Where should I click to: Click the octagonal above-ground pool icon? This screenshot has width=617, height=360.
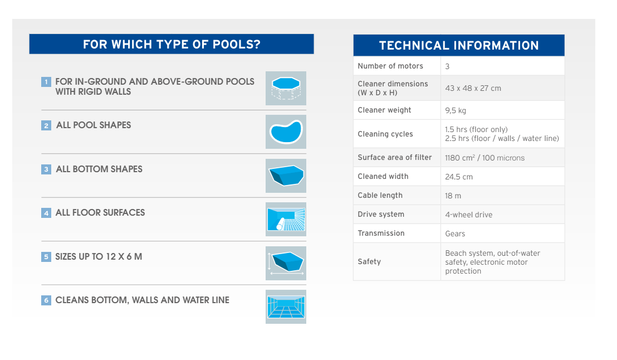coord(286,88)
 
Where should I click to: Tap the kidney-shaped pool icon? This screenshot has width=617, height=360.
coord(286,132)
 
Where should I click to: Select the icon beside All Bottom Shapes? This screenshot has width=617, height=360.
coord(286,176)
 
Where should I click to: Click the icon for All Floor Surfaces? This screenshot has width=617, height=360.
coord(286,220)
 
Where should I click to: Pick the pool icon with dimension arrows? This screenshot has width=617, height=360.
coord(286,263)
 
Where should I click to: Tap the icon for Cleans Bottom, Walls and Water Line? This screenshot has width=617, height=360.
coord(286,307)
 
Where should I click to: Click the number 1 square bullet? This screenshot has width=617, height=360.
coord(46,82)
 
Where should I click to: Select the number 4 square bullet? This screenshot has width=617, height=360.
coord(46,213)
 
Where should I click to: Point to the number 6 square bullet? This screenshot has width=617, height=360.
coord(46,300)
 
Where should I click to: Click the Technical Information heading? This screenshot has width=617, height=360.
coord(459,45)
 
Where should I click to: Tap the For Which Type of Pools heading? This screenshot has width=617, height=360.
coord(172,44)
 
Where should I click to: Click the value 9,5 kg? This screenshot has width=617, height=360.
coord(456,111)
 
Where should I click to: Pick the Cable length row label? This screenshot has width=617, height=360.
coord(380,196)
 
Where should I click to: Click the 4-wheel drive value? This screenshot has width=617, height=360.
coord(469,215)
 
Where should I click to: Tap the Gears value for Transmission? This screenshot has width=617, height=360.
coord(455,233)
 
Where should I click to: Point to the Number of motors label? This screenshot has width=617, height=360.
coord(390,66)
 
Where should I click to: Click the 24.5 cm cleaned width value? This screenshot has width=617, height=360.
coord(459,177)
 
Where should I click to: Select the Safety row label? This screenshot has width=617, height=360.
coord(369,261)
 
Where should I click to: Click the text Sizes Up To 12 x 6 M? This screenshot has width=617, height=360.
coord(99,257)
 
